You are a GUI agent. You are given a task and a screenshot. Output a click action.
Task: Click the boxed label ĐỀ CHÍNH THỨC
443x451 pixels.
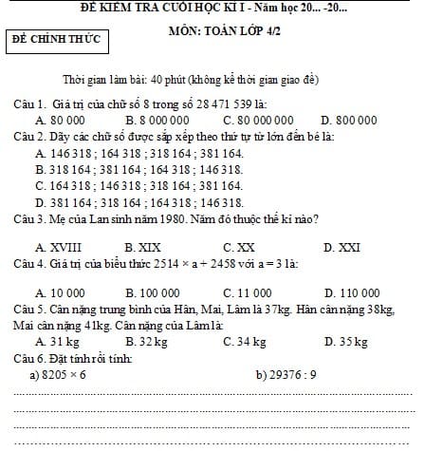55,40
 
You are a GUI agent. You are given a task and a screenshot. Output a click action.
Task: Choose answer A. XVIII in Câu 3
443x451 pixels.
56,247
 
